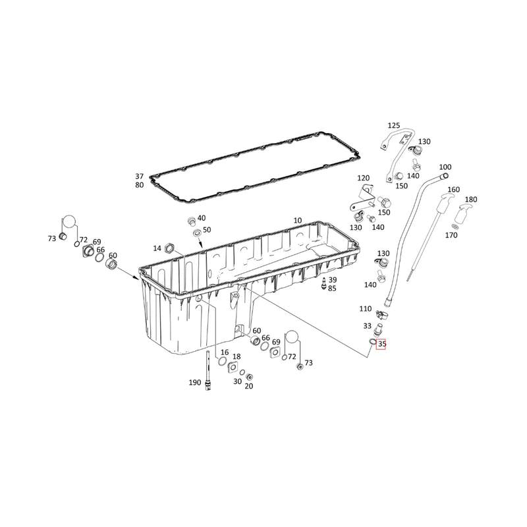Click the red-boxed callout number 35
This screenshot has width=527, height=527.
[382, 344]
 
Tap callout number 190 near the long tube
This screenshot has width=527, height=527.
[195, 383]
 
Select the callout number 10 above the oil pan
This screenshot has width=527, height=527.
[298, 221]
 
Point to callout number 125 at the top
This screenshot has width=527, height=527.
[394, 126]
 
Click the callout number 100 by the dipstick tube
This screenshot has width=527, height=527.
[445, 167]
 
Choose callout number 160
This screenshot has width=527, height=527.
[454, 190]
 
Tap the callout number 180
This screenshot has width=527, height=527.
[471, 200]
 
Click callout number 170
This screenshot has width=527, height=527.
[451, 235]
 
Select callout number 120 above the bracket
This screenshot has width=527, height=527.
[364, 178]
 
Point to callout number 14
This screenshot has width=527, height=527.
[157, 248]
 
